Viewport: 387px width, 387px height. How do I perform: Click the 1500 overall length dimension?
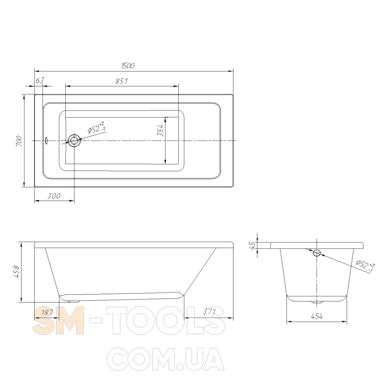pos(128,66)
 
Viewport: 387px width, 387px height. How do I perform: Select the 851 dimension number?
pos(122,81)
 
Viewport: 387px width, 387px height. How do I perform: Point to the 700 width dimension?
pos(19,141)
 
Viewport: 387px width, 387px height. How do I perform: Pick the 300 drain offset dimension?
pos(54,196)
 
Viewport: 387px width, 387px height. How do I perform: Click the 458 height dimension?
pos(16,272)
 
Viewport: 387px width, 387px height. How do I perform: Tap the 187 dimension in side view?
pos(47,312)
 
